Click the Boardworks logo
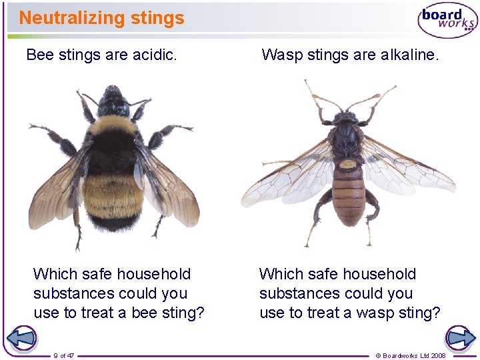click(447, 21)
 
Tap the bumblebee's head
click(114, 103)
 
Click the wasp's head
click(346, 118)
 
